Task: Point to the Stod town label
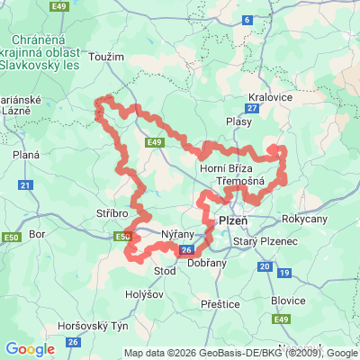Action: (166, 270)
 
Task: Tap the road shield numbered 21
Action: (25, 184)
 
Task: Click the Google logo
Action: (31, 349)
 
